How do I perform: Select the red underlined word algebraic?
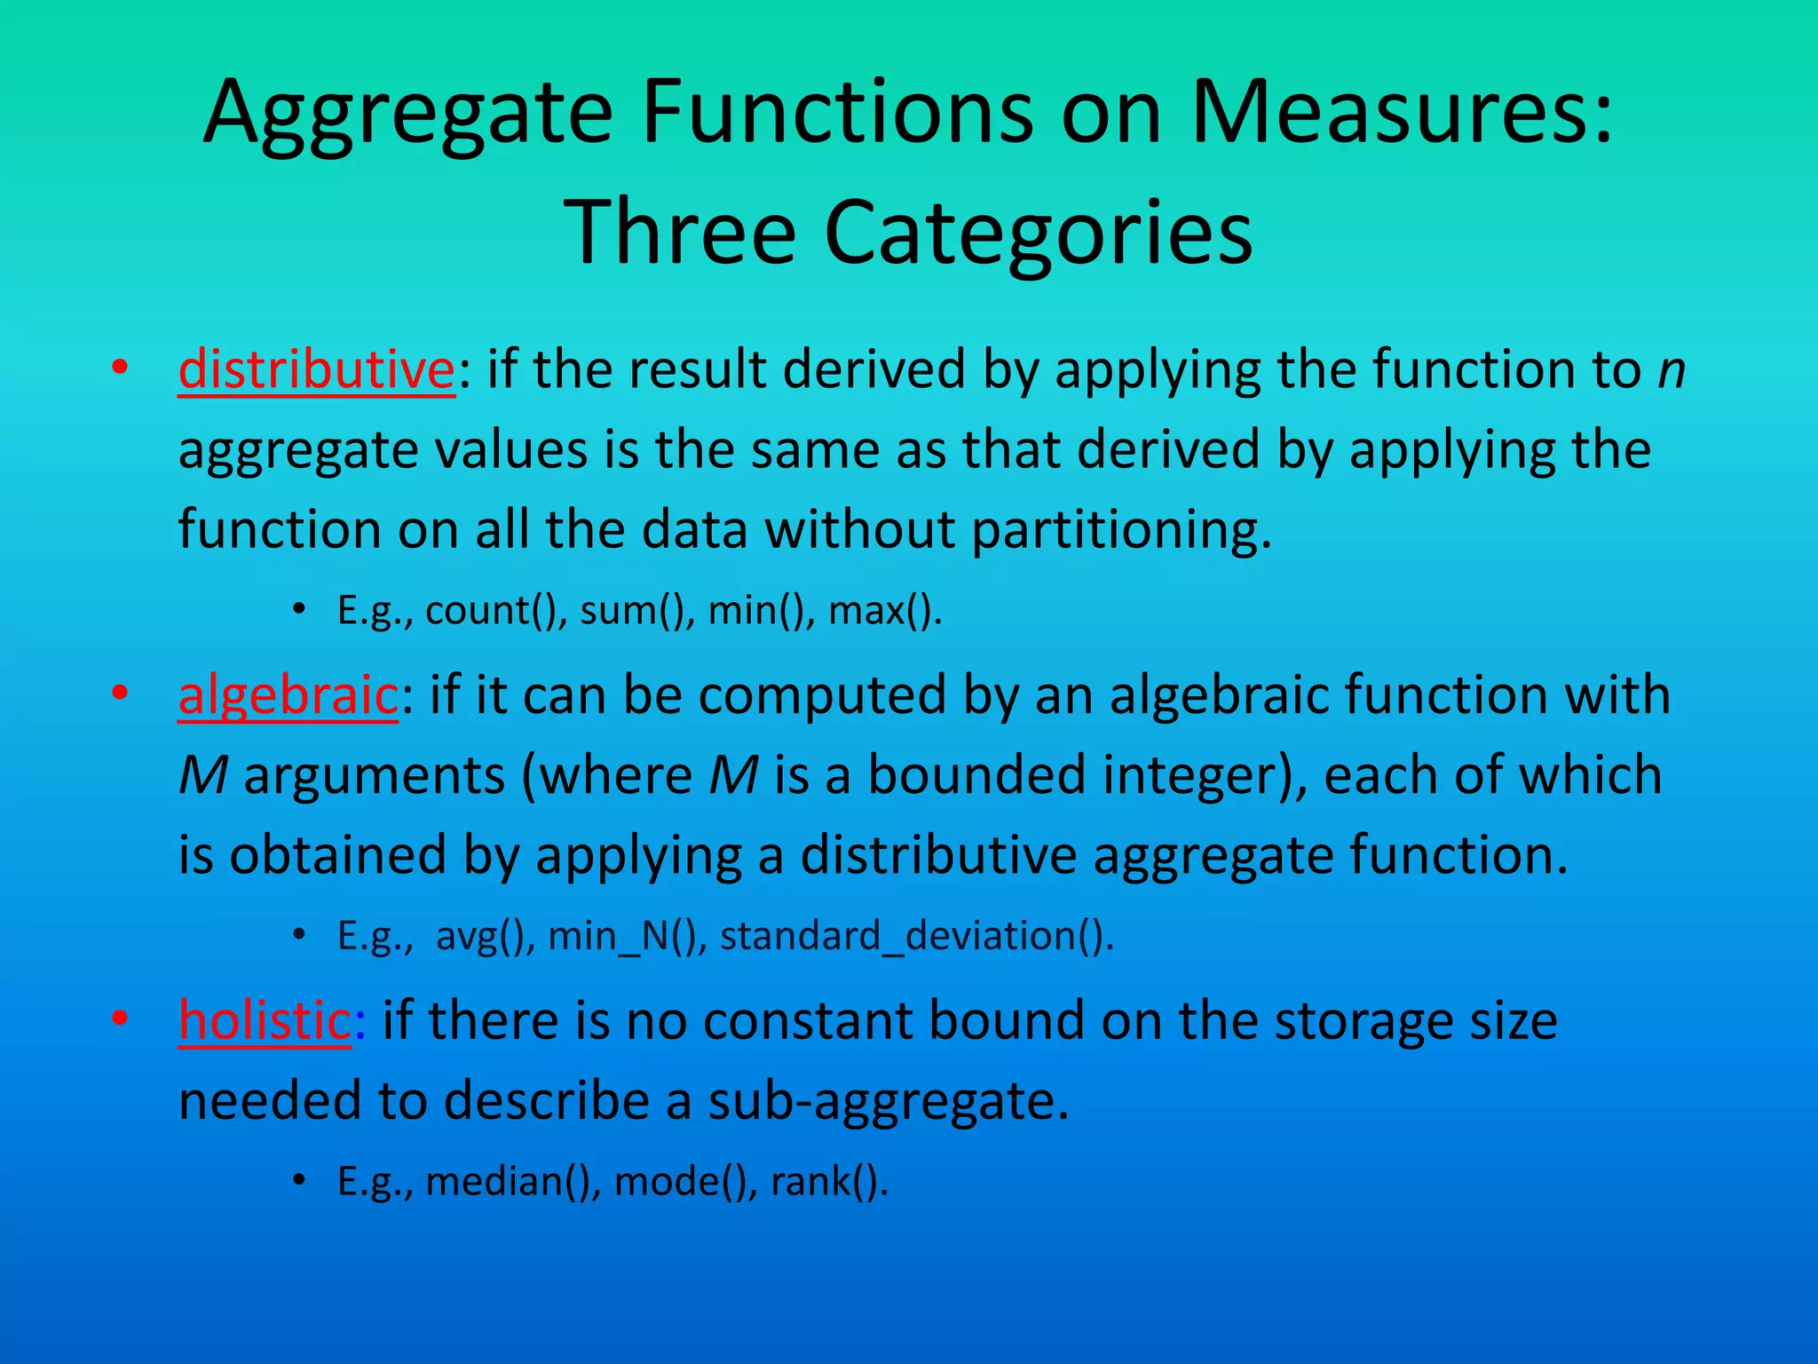[288, 694]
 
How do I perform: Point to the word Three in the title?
[679, 232]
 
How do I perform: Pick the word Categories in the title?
[1039, 234]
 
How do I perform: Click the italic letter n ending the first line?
[1671, 371]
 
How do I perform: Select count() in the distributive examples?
[495, 611]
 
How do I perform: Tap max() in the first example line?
[884, 611]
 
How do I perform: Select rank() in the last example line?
[829, 1181]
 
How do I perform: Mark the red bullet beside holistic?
[120, 1019]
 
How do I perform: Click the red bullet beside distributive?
[120, 368]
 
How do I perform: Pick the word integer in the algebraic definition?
[1198, 775]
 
